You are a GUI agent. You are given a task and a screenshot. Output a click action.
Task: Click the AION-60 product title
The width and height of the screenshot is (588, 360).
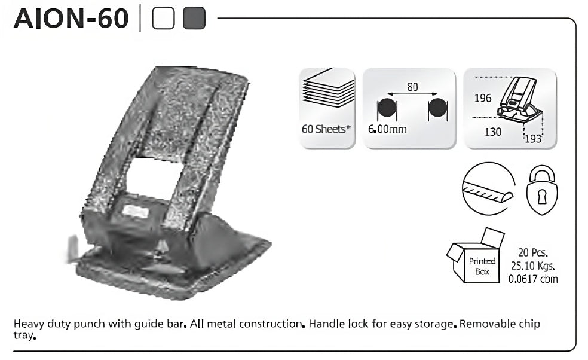[x=71, y=19]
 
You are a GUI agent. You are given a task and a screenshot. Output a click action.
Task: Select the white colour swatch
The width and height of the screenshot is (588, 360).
[x=163, y=19]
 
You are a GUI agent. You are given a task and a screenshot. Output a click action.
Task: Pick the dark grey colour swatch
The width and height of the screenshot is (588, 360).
[x=194, y=19]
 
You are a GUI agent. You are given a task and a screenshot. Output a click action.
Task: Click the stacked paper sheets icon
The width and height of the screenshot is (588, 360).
[x=329, y=88]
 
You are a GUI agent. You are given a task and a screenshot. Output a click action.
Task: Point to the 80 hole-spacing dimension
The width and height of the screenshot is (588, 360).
[x=412, y=87]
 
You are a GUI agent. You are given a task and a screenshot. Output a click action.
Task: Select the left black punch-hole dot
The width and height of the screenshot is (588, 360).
[x=387, y=108]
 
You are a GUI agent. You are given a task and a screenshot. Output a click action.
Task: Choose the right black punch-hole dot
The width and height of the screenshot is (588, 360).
[x=437, y=108]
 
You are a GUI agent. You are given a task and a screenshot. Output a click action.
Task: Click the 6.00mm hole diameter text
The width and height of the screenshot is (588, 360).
[x=387, y=129]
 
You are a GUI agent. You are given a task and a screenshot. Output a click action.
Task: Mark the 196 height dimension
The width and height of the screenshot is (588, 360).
[x=483, y=98]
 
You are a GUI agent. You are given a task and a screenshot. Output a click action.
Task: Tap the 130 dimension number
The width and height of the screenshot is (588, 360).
[x=493, y=132]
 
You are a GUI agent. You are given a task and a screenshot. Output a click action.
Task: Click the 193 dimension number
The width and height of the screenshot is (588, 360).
[x=533, y=139]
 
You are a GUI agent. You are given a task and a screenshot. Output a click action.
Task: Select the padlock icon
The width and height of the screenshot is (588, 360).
[x=542, y=190]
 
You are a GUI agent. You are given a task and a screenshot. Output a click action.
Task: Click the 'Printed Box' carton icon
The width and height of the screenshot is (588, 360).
[x=476, y=256]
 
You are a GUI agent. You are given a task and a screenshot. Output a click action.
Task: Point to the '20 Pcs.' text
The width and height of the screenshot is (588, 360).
[x=532, y=252]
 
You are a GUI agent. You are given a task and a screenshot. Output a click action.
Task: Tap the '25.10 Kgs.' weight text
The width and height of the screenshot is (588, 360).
[x=532, y=266]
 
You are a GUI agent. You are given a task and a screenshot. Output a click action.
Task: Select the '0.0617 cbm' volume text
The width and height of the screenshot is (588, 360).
[x=533, y=279]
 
